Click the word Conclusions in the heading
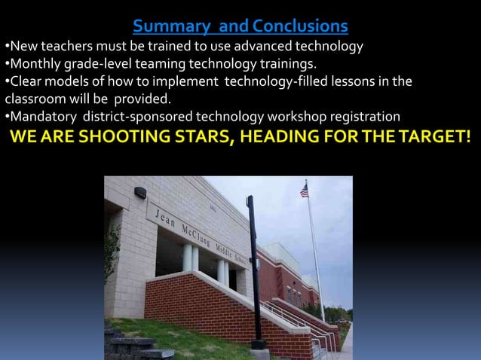(301, 27)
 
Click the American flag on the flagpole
(304, 191)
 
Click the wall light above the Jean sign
(140, 192)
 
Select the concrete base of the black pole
(259, 352)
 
